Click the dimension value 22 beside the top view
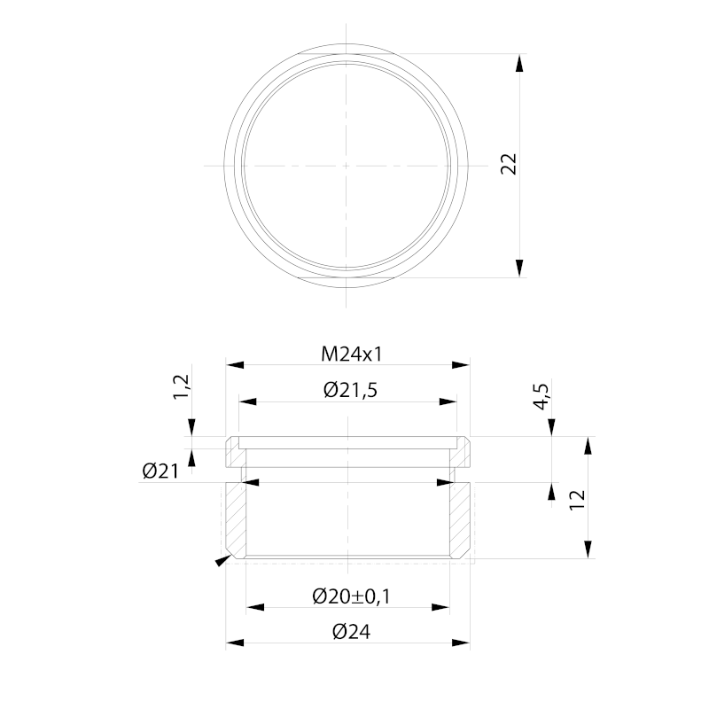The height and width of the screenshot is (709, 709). pyautogui.click(x=509, y=164)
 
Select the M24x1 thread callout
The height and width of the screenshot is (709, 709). pyautogui.click(x=351, y=354)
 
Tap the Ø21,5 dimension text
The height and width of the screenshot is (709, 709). pyautogui.click(x=352, y=391)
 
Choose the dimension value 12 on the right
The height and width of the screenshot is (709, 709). pyautogui.click(x=578, y=498)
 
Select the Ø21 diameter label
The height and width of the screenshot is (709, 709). pyautogui.click(x=160, y=471)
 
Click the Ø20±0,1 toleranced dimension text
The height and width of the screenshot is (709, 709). pyautogui.click(x=352, y=596)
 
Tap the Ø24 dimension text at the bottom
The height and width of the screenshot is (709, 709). pyautogui.click(x=351, y=632)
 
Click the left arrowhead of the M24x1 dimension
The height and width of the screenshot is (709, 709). pyautogui.click(x=233, y=364)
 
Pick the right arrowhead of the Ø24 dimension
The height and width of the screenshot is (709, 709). pyautogui.click(x=462, y=643)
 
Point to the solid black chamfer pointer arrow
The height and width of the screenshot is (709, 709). pyautogui.click(x=219, y=560)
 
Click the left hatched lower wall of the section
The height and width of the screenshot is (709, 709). pyautogui.click(x=236, y=518)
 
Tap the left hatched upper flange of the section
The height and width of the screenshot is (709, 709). pyautogui.click(x=233, y=453)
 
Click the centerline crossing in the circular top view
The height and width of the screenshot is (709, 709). pyautogui.click(x=347, y=165)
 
